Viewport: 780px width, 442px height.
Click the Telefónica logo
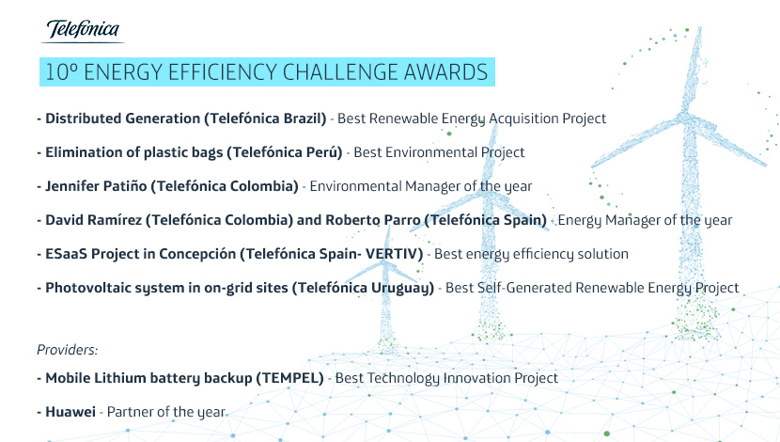(x=83, y=31)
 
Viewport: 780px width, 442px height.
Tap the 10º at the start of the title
(x=62, y=72)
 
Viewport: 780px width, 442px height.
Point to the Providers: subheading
(x=67, y=350)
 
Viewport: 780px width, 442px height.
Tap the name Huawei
(x=70, y=412)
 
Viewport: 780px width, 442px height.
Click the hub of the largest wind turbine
(x=687, y=118)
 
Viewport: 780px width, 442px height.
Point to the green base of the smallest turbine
(x=386, y=343)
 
